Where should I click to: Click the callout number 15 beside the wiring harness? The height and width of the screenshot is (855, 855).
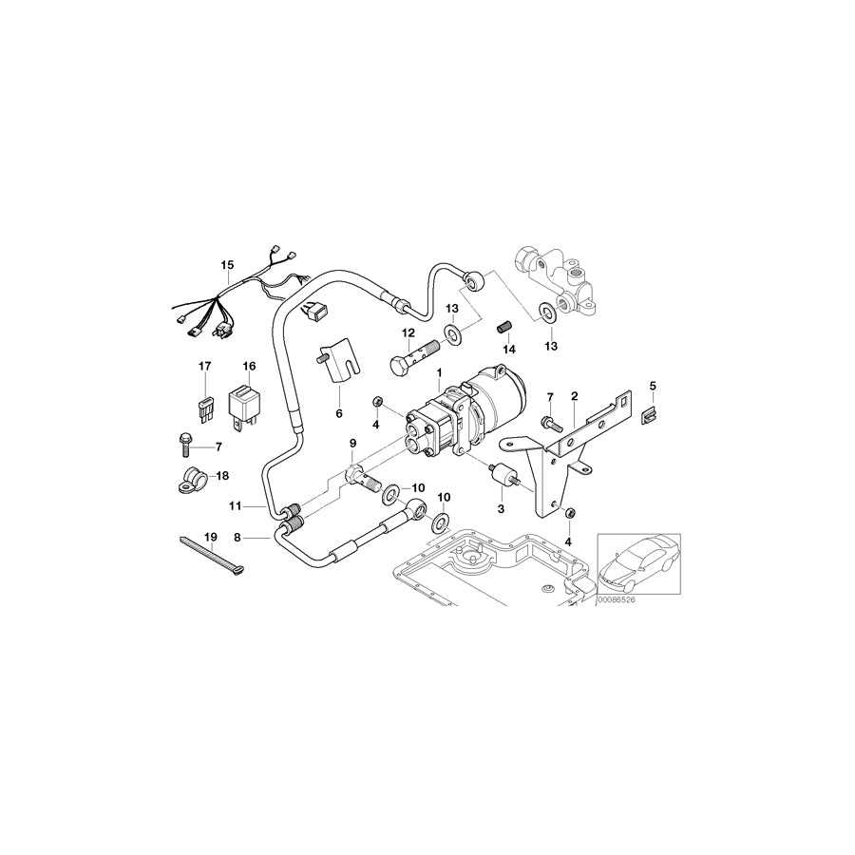[227, 264]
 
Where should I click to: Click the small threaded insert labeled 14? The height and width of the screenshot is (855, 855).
[506, 328]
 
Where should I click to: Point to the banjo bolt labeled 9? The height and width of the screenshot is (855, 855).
[362, 472]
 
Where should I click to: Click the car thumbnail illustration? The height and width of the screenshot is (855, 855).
[639, 567]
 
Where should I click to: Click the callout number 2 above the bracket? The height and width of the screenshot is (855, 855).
[574, 396]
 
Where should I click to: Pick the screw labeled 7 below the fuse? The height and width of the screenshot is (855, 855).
[183, 442]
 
